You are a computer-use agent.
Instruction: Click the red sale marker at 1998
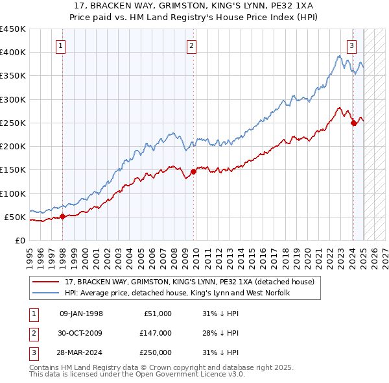point(63,216)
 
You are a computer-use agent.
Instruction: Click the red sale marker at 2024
point(353,123)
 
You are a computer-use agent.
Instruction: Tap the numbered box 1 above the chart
point(60,45)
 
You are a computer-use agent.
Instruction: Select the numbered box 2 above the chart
point(192,45)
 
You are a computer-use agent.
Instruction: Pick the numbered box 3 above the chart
point(351,45)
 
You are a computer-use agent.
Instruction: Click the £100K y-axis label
point(13,193)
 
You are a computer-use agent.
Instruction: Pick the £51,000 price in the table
point(158,314)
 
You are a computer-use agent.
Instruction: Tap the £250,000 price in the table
point(155,352)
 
